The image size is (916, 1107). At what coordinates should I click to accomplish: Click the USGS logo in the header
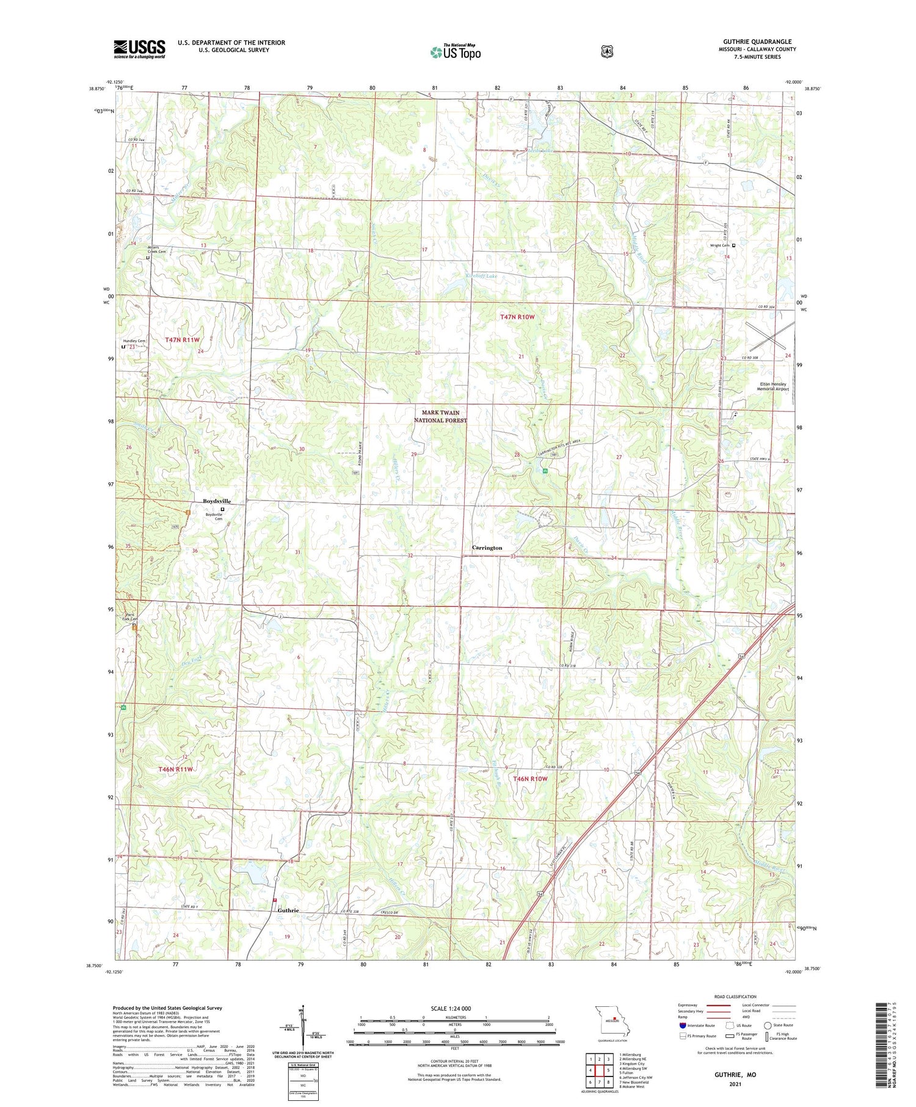click(x=139, y=49)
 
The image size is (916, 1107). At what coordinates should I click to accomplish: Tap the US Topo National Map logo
click(x=455, y=52)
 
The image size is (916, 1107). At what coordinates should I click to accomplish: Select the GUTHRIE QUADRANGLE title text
click(x=757, y=42)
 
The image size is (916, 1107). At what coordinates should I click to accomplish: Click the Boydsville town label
click(x=217, y=501)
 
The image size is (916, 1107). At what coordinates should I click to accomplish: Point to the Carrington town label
click(x=487, y=548)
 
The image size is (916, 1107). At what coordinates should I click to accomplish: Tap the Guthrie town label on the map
click(x=288, y=910)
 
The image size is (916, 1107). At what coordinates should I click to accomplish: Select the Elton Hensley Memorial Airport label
click(x=772, y=387)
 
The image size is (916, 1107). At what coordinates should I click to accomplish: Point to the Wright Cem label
click(x=720, y=245)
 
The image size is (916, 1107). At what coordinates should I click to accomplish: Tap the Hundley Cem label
click(x=134, y=341)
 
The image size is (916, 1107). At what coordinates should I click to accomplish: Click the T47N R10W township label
click(x=517, y=317)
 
